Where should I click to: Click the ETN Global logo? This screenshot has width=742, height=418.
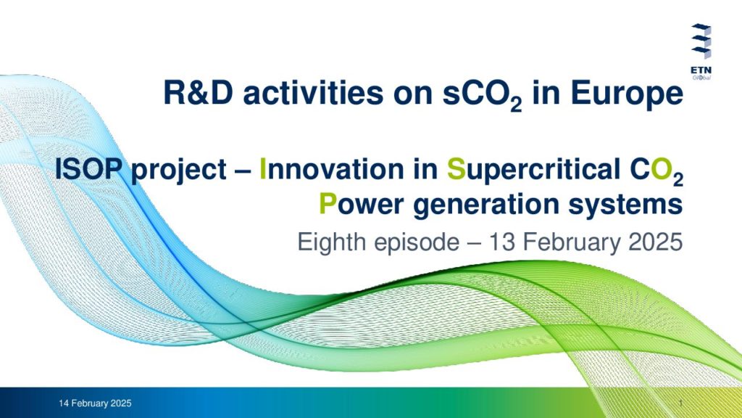point(701,52)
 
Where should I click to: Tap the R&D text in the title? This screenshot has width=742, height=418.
point(199,92)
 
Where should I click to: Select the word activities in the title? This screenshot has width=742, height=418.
point(313,92)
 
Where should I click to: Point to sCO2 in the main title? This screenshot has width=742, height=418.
point(482,95)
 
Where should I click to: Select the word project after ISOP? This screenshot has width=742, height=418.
point(178,171)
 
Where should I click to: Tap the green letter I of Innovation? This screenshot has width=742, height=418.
point(263,168)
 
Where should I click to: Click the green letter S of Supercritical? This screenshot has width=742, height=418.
point(457,168)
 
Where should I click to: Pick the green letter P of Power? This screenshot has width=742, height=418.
point(328,204)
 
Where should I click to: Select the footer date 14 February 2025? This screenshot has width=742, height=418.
point(95,403)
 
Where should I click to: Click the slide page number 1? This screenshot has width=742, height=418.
point(680,403)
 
